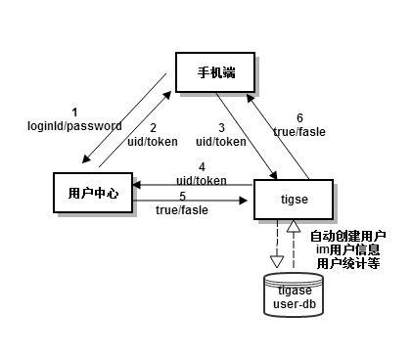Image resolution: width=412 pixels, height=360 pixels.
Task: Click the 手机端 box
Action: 217,72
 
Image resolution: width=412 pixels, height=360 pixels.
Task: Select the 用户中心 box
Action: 93,193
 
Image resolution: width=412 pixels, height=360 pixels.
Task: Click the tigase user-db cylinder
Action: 294,293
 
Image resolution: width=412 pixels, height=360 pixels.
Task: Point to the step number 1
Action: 74,112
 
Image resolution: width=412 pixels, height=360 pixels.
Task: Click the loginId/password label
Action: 74,126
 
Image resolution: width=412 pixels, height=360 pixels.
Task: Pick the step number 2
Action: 153,127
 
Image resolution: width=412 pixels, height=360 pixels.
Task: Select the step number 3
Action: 223,127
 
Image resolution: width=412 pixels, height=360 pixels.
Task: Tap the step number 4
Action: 202,166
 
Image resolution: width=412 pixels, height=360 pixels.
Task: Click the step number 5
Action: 182,196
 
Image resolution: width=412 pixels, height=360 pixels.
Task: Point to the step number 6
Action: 299,117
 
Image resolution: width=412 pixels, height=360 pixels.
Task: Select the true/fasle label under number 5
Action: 182,209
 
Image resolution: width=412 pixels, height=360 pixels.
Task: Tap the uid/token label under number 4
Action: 202,180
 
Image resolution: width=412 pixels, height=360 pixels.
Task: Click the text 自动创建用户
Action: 348,237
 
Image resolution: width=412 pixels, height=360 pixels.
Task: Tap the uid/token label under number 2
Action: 153,141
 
